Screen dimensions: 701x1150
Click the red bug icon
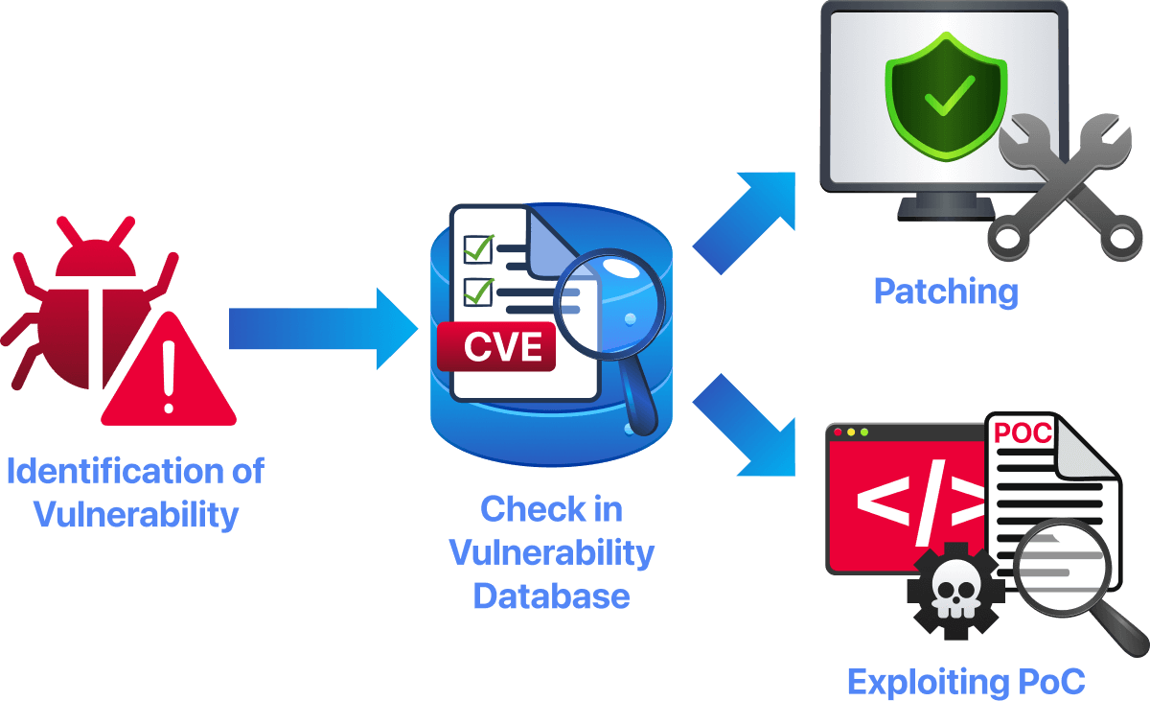pos(91,307)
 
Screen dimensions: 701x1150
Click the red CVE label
pos(496,347)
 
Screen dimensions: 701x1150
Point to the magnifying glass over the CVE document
pos(604,307)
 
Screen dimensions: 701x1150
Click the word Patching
pos(945,292)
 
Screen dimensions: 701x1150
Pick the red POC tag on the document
pos(1022,432)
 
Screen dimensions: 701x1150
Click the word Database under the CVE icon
pos(551,596)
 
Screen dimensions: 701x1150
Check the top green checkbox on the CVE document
pos(477,247)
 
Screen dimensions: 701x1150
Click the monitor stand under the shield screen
pos(945,208)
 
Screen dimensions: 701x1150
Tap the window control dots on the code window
pos(850,432)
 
